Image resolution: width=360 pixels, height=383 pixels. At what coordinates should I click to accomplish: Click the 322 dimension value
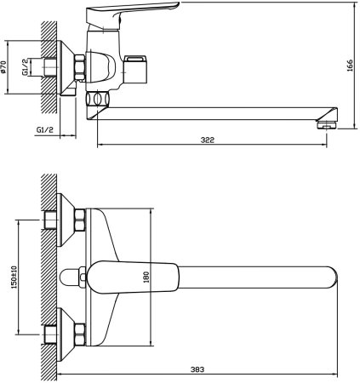click(208, 140)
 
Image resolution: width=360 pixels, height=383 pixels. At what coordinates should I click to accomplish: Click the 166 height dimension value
click(350, 66)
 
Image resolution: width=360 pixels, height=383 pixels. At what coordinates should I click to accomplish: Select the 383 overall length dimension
click(197, 369)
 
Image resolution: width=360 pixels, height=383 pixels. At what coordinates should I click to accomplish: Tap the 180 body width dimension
click(146, 277)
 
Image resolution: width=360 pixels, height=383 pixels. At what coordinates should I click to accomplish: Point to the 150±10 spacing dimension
click(14, 277)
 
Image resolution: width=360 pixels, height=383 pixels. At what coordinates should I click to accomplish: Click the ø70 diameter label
click(3, 67)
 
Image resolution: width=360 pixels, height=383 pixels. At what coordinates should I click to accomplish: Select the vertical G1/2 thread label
click(26, 67)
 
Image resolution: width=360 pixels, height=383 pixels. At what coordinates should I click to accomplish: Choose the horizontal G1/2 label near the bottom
click(45, 130)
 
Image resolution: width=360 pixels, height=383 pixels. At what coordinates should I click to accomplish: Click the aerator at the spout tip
click(326, 124)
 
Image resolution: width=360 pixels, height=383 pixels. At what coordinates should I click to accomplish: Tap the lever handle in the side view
click(130, 14)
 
